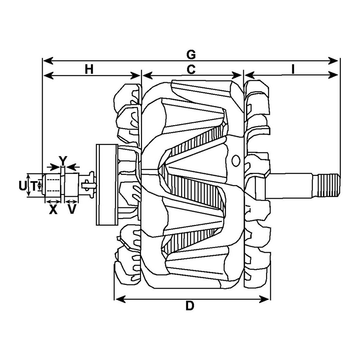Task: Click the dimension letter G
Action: [191, 55]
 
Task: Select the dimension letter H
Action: [89, 70]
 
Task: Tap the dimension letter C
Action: [191, 70]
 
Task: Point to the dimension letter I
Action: [293, 70]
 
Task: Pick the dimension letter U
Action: [23, 186]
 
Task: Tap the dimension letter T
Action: [34, 186]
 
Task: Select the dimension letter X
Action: [53, 210]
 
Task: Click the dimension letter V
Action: [72, 209]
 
